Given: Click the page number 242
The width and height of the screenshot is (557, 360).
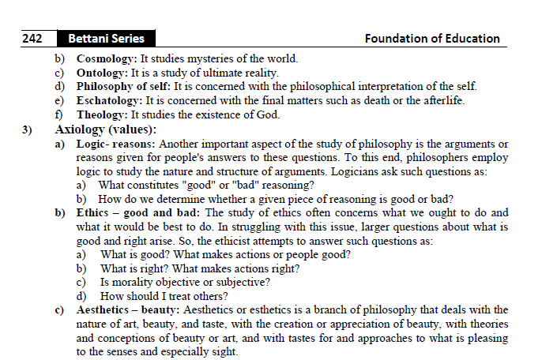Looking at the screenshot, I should coord(32,38).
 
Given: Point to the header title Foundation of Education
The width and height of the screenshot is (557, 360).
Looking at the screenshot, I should coord(432,38).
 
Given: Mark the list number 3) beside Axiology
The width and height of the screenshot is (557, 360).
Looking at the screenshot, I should coord(31,129).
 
